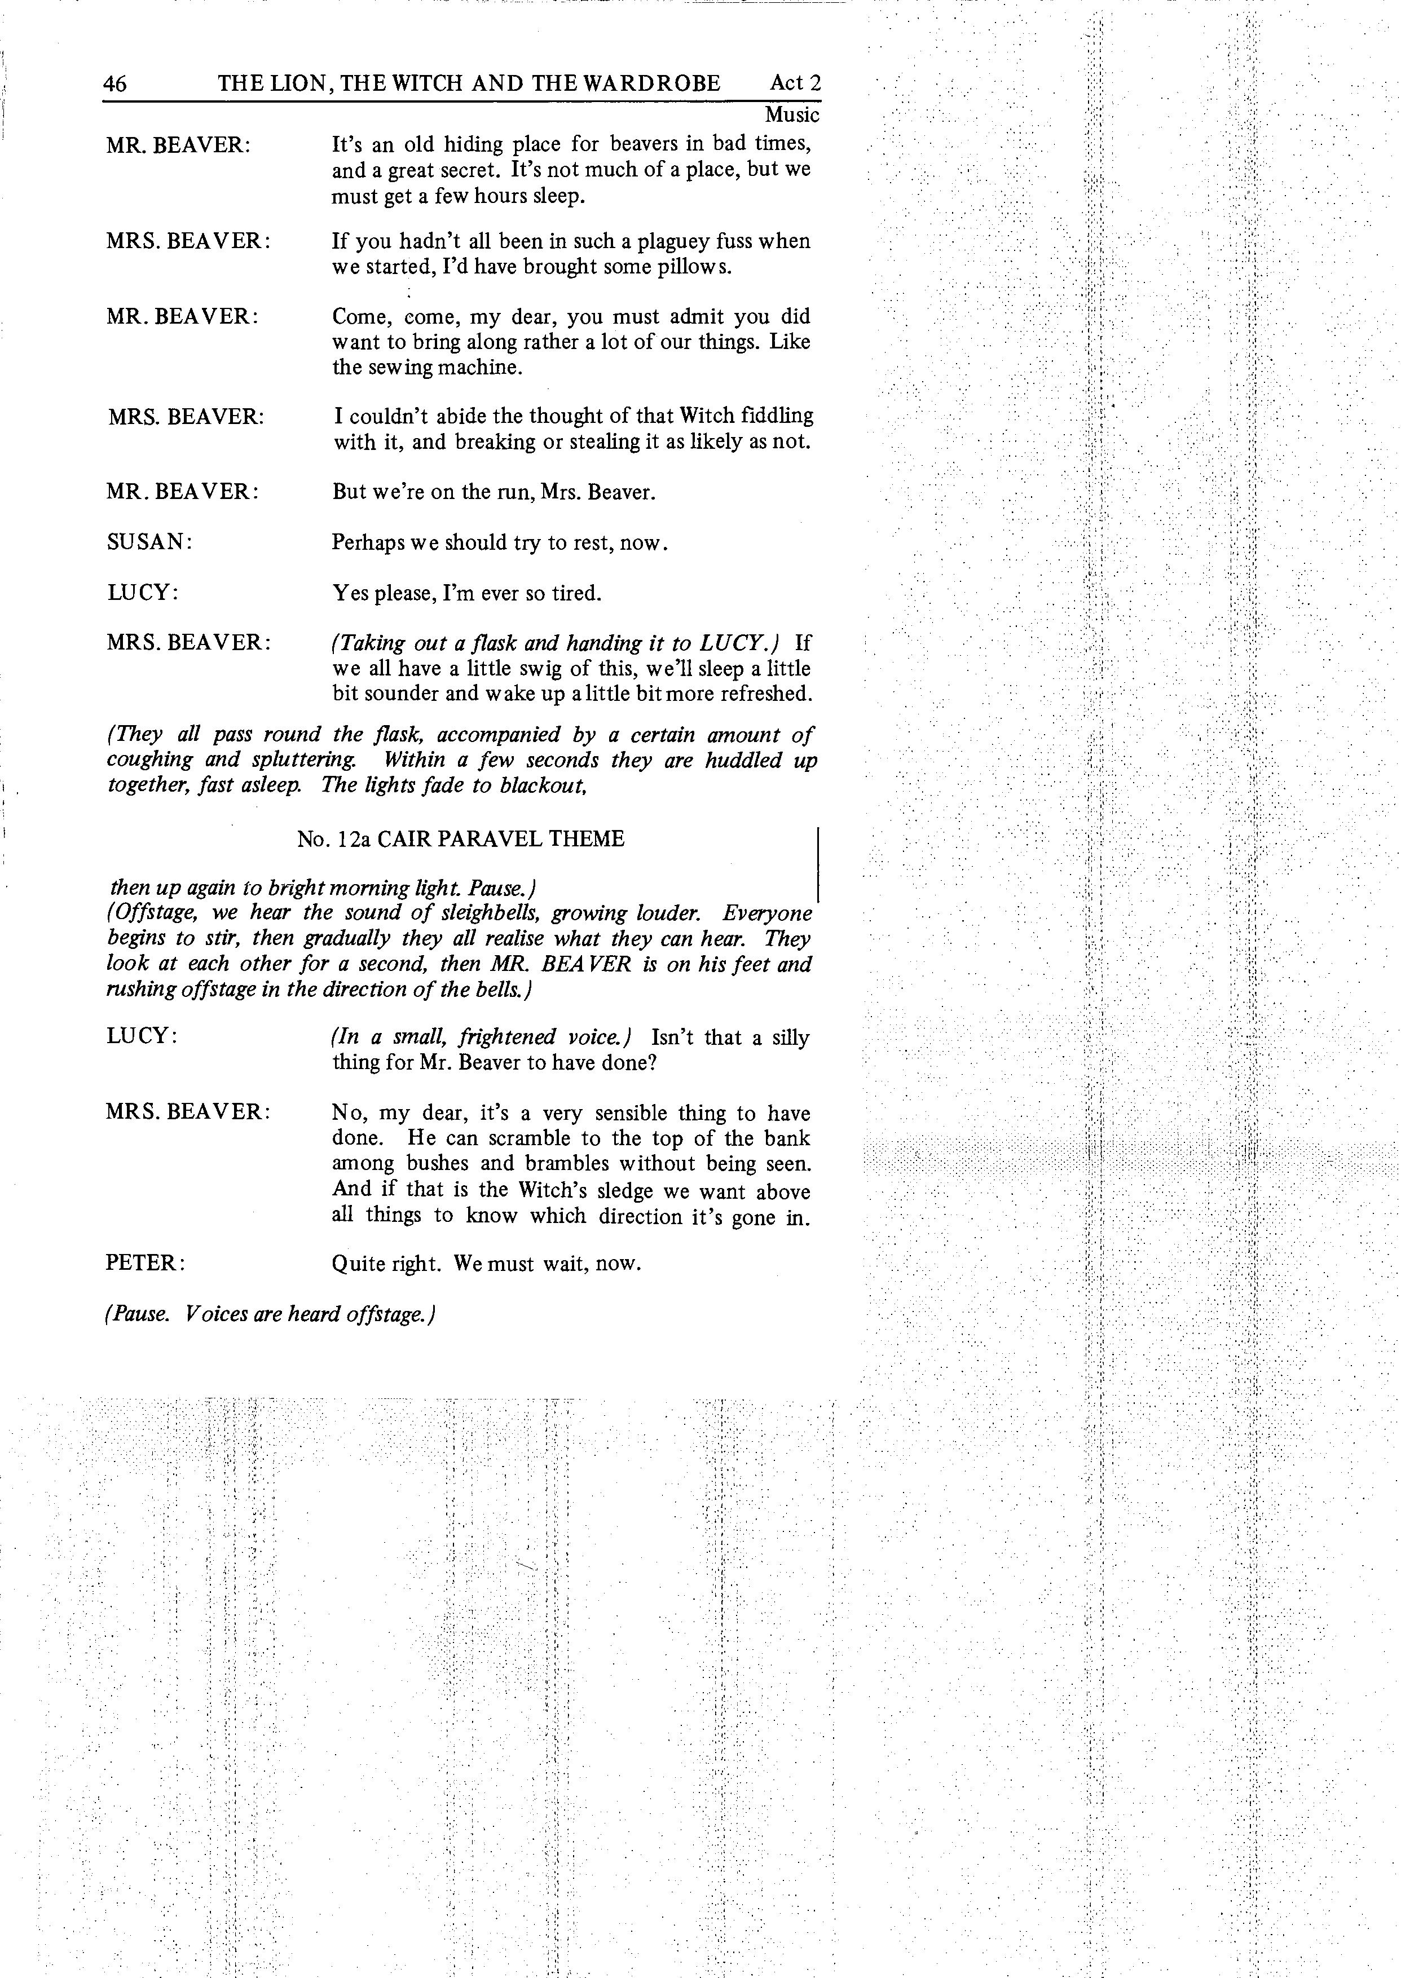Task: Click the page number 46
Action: pos(114,83)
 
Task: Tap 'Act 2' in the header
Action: pos(795,83)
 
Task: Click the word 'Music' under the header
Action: pos(792,114)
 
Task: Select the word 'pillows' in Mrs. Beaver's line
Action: pos(697,267)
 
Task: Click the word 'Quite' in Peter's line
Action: pos(356,1264)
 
